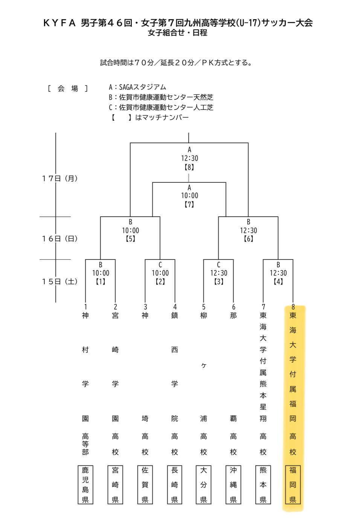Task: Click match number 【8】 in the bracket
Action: pos(189,167)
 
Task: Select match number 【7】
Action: pos(189,204)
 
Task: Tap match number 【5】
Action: pos(130,239)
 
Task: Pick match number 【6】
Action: pos(248,239)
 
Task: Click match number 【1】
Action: pos(101,281)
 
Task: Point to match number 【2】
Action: pos(160,281)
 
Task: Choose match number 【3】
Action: pos(219,281)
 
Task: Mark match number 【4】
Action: pos(278,281)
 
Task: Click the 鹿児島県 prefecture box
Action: pos(85,485)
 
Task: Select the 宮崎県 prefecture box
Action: pos(115,485)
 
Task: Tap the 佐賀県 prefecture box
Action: pos(145,485)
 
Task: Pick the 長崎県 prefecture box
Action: pos(175,485)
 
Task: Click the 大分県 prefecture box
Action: pos(204,485)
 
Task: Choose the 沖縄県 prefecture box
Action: pos(233,485)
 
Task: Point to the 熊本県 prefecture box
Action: pos(263,485)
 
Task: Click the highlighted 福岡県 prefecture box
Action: pos(293,485)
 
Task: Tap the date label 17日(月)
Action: pos(60,178)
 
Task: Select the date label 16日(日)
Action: pos(60,239)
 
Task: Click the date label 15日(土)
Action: pos(60,281)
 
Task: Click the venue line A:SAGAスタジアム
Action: pos(137,87)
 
